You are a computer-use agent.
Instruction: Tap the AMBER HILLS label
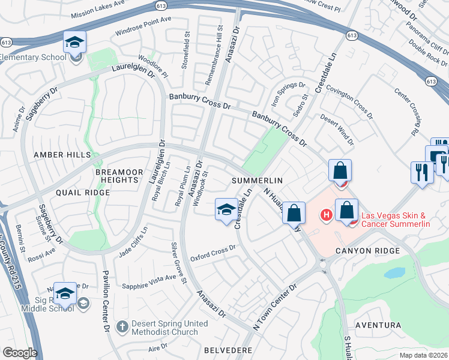(x=62, y=155)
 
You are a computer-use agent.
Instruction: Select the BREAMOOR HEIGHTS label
(x=119, y=176)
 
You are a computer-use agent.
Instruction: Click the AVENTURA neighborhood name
(x=378, y=325)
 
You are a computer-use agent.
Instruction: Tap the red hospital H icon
(x=327, y=214)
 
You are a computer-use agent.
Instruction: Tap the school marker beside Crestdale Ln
(x=226, y=210)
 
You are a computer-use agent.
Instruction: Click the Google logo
(x=20, y=353)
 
